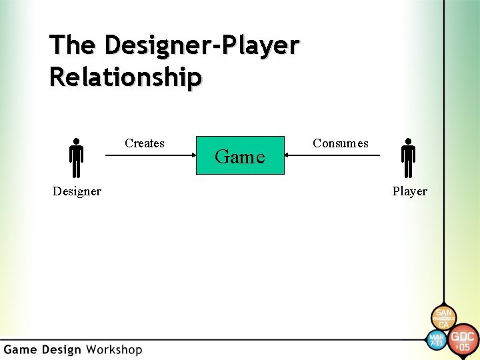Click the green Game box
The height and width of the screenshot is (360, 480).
coord(240,156)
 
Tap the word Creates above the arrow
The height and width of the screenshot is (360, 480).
coord(145,143)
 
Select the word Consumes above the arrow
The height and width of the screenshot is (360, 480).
coord(340,143)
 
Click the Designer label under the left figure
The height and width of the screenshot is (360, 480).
coord(77,191)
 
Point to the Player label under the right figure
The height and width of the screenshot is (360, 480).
coord(409,191)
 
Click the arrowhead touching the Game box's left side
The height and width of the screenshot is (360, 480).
coord(191,156)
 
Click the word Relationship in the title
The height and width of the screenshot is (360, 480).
coord(125,77)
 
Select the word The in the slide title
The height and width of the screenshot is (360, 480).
coord(73,45)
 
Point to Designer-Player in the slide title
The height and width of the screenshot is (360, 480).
coord(202,45)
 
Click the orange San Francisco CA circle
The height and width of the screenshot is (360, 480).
coord(443,315)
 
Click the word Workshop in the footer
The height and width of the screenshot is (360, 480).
coord(114,349)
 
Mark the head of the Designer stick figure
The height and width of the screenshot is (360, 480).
coord(77,142)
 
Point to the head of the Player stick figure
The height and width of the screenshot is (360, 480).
coord(409,142)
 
